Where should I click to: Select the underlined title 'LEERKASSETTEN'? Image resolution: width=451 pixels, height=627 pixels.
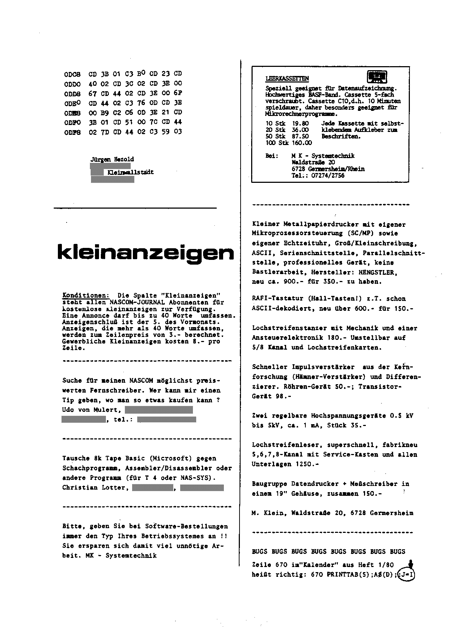click(287, 79)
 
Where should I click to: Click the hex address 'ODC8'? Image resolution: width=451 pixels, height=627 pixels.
click(72, 74)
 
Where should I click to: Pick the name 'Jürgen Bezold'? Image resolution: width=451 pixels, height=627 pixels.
click(112, 159)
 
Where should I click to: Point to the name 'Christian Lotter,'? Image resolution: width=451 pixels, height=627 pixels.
click(95, 487)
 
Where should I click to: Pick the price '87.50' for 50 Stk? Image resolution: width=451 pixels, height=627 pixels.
click(301, 136)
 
